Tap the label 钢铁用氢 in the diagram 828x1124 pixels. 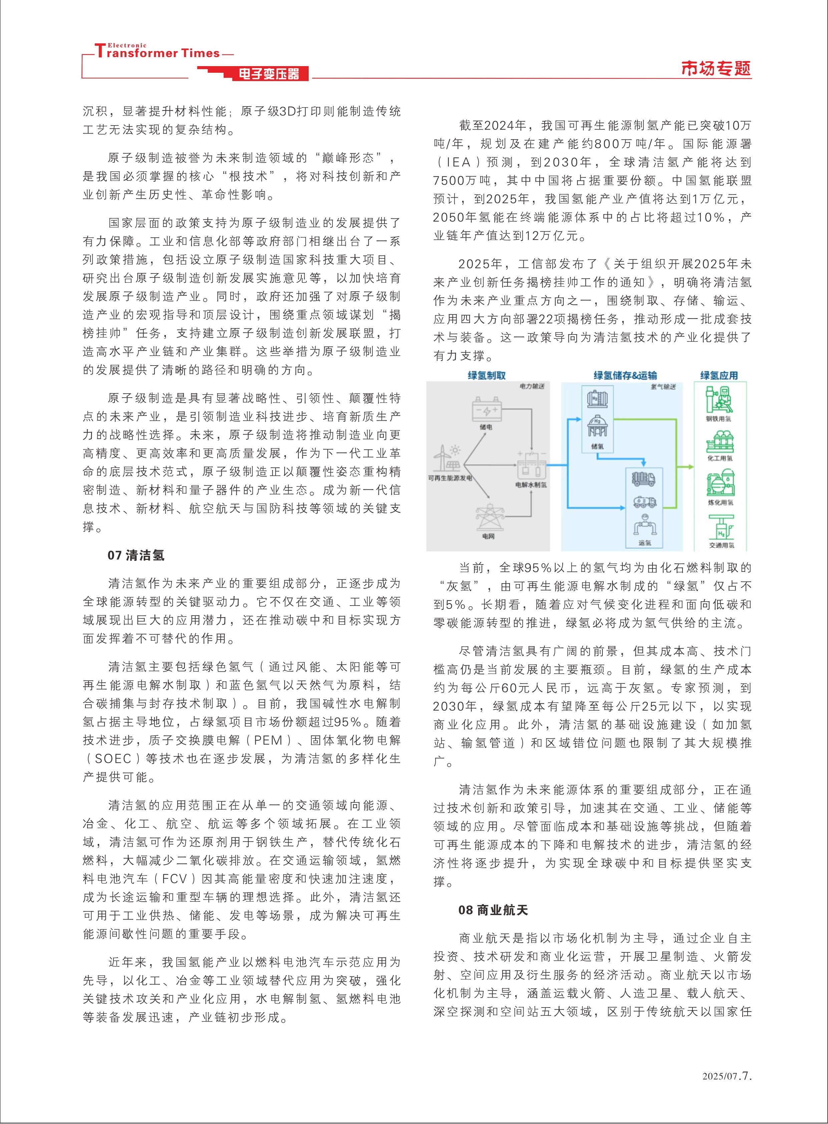tap(719, 419)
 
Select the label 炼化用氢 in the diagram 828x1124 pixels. tap(720, 502)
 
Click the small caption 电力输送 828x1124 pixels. tap(531, 386)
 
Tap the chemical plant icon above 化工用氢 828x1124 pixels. tap(720, 442)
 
